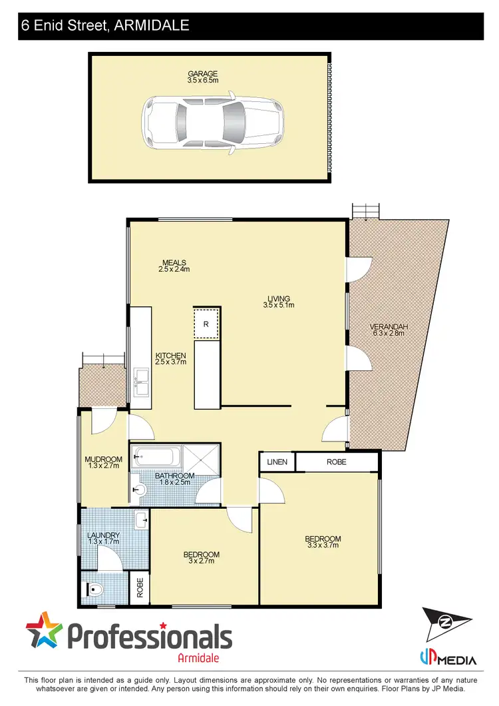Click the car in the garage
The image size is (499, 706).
[x=212, y=120]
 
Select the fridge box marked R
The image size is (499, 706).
[x=206, y=324]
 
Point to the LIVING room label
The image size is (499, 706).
[x=278, y=298]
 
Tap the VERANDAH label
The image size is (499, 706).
[x=389, y=326]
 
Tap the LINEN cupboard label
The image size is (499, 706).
[x=277, y=462]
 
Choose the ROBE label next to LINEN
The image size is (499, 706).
[x=337, y=462]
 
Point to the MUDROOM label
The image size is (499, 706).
[x=103, y=460]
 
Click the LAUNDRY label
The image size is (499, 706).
[x=103, y=535]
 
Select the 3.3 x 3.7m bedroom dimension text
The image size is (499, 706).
[x=323, y=545]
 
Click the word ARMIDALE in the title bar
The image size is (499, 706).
[x=152, y=26]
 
